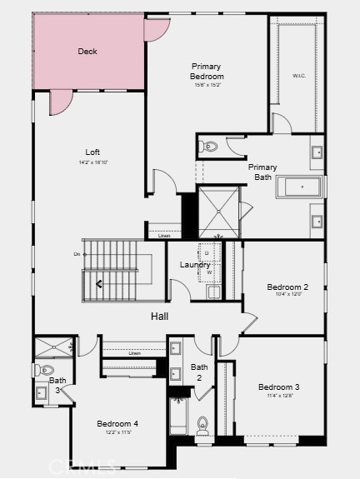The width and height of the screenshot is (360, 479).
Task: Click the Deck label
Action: coord(87,52)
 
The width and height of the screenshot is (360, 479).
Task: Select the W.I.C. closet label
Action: coord(299,76)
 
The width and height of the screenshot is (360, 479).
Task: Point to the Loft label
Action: coord(92,152)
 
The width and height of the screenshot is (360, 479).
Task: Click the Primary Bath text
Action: coord(262,172)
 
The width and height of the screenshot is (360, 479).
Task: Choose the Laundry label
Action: coord(195,265)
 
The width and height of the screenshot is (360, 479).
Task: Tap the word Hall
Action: coord(160,317)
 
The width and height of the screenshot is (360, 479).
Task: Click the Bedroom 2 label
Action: coord(288,287)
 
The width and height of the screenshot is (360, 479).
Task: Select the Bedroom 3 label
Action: coord(278,387)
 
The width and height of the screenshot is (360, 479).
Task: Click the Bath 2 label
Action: coord(199,372)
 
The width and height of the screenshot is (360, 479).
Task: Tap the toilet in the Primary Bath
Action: coord(209,147)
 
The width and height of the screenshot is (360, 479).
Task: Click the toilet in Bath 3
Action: coord(46,370)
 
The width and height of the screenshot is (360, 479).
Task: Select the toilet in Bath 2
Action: coord(202,427)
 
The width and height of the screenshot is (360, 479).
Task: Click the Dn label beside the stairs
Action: coord(77,254)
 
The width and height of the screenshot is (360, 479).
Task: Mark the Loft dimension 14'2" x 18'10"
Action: coord(92,162)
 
